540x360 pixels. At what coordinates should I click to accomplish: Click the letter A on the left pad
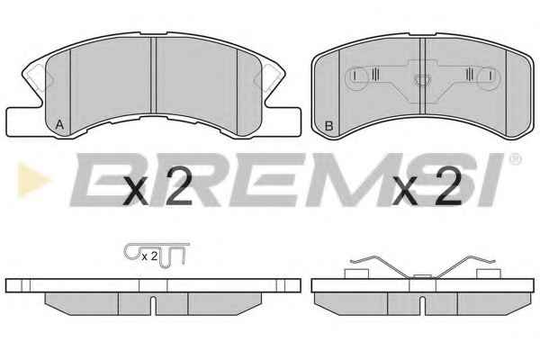(59, 125)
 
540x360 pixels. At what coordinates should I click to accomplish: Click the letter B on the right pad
(328, 126)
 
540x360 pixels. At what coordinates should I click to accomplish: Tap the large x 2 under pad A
(157, 188)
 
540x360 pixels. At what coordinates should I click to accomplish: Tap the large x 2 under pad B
(427, 188)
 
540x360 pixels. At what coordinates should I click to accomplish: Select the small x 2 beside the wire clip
(149, 256)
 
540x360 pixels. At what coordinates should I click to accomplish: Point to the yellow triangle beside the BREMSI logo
(33, 179)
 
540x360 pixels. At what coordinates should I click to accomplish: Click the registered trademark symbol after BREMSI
(515, 159)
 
